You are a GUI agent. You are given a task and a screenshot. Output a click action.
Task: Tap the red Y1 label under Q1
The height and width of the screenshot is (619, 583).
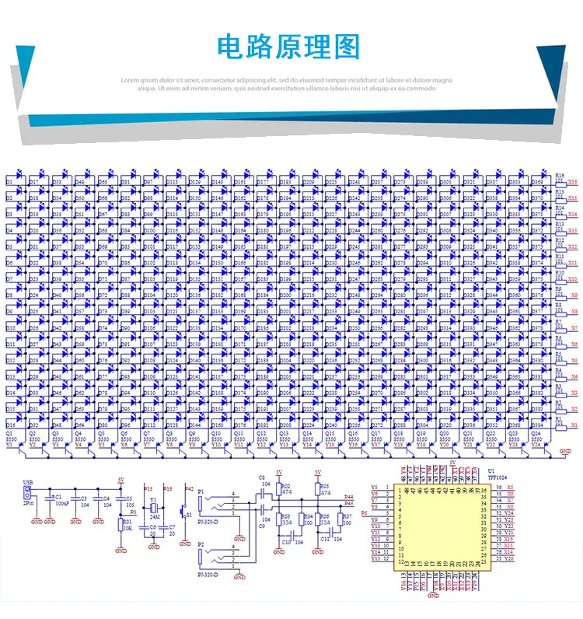coord(10,444)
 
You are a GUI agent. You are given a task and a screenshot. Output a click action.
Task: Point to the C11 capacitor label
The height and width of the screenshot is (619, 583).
coord(325,538)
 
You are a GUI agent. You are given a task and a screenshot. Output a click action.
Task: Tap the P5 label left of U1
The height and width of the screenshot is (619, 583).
coord(365,515)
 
